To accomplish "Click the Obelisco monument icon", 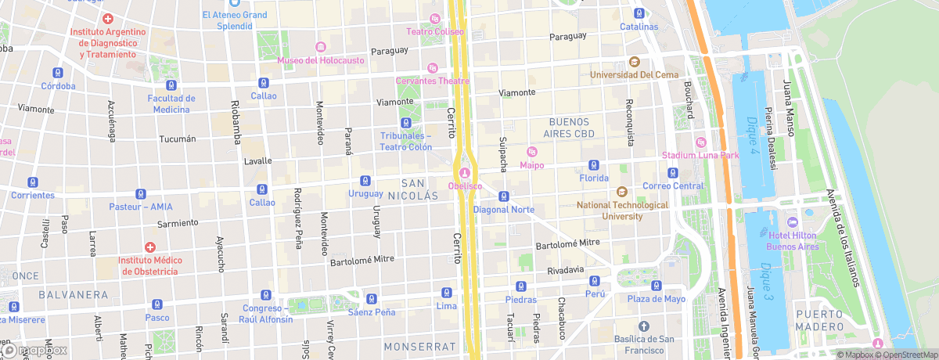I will [x=466, y=172].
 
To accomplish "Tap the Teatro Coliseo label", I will [x=435, y=31].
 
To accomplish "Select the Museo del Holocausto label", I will [x=322, y=60].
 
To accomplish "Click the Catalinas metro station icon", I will [x=639, y=13].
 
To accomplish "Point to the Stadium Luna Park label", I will [x=700, y=155].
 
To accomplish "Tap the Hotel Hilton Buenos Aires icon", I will [x=792, y=224].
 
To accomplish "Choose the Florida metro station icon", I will [x=594, y=165].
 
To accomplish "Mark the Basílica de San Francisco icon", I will [x=643, y=326].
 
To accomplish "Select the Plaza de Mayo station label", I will [x=656, y=299].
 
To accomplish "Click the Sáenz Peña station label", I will [x=372, y=312].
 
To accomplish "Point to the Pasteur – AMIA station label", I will [x=141, y=207].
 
